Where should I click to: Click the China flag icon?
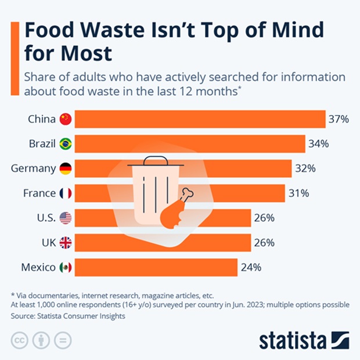[x=66, y=119]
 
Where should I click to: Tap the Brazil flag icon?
[x=66, y=143]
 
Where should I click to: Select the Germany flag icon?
[x=66, y=168]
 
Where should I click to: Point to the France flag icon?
[x=66, y=193]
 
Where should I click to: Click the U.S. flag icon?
[x=66, y=218]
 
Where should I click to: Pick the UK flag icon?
[x=66, y=243]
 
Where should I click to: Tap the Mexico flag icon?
[x=66, y=267]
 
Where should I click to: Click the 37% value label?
[x=339, y=119]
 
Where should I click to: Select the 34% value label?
[x=318, y=143]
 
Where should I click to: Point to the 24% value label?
[x=251, y=267]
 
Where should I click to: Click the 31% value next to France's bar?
[x=298, y=193]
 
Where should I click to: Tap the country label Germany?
[x=33, y=168]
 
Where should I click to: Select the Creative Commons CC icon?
[x=20, y=340]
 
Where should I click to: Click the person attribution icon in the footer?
[x=41, y=340]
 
